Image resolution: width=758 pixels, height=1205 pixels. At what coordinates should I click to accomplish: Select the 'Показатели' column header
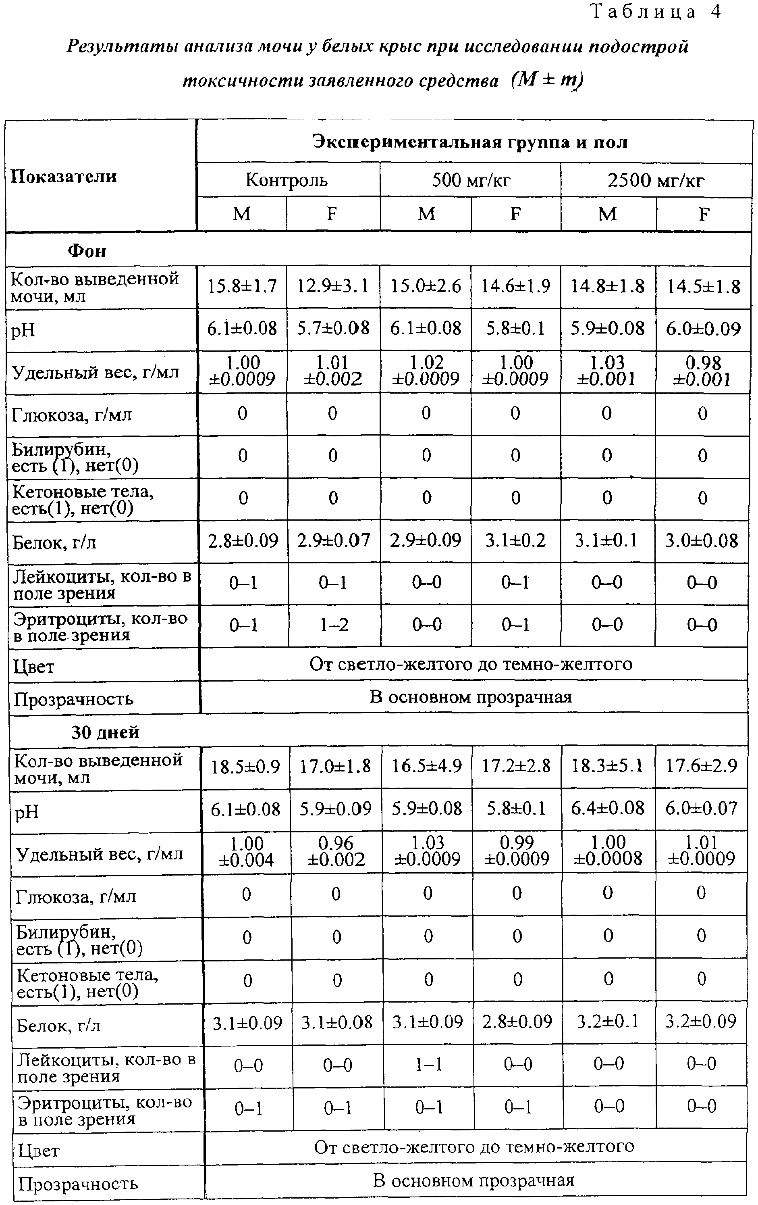coord(64,176)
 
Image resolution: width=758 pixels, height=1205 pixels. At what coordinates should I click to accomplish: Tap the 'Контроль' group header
coord(287,179)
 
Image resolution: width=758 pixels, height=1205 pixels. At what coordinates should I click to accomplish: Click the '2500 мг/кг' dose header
coord(656,179)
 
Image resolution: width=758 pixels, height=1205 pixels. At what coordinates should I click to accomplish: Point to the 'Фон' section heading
coord(87,250)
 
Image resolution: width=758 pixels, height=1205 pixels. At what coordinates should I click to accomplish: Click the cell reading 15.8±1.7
coord(242,286)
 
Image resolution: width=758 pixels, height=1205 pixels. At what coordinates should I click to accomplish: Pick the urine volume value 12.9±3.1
coord(332,286)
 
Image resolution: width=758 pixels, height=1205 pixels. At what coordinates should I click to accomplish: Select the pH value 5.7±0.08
coord(333,328)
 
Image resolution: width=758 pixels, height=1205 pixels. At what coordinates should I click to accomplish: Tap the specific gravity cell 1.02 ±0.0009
coord(426,371)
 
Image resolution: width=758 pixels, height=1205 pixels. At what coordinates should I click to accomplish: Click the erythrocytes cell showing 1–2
coord(334,625)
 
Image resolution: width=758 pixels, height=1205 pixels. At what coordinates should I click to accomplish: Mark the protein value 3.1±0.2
coord(516,540)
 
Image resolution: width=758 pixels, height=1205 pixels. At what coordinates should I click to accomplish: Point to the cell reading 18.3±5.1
coord(608,767)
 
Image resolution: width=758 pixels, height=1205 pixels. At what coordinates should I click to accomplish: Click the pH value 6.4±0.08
coord(608,809)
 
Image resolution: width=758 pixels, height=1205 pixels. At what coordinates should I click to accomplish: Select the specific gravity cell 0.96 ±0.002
coord(336,852)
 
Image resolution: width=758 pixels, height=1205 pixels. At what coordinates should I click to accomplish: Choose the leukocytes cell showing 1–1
coord(428,1065)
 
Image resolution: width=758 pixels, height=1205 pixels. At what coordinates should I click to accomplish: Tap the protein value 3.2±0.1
coord(608,1022)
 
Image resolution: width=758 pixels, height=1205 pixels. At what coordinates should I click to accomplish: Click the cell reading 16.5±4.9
coord(427,767)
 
